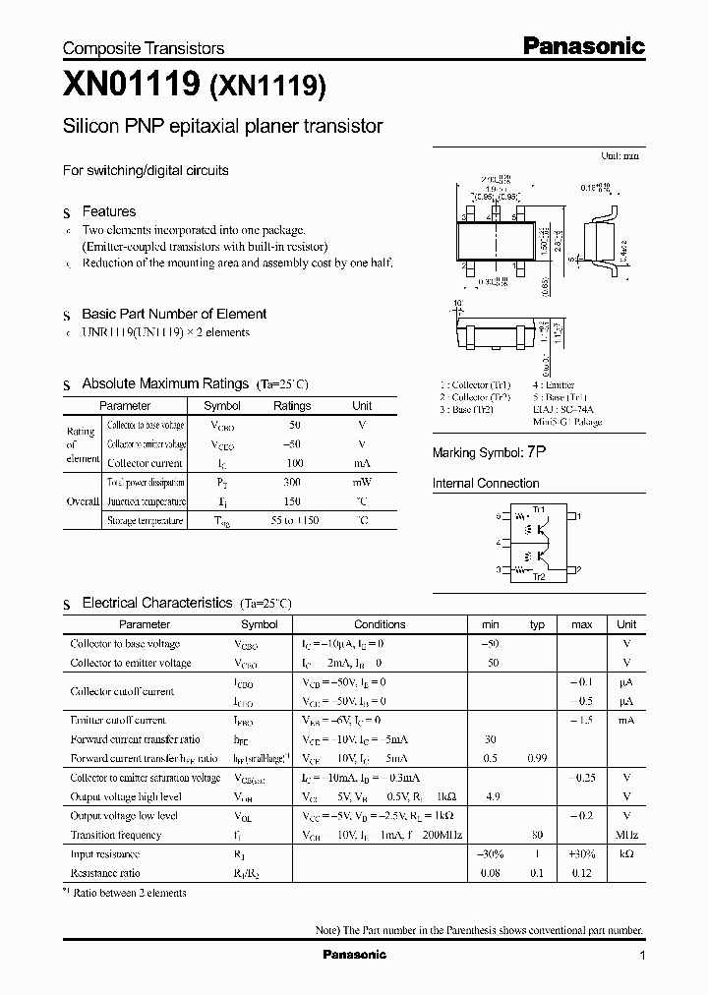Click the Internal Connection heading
(486, 484)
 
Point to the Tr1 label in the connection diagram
(538, 508)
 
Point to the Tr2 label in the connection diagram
(538, 576)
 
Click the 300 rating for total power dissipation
(291, 482)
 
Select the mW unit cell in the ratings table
(362, 482)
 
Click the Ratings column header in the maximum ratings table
(291, 405)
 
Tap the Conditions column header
(380, 624)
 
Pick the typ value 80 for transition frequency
(537, 835)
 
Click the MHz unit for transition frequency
(626, 835)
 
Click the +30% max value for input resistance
(581, 854)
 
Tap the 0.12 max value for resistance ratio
(581, 873)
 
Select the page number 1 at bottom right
(642, 956)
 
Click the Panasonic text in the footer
(354, 955)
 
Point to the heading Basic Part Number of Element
(174, 314)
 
